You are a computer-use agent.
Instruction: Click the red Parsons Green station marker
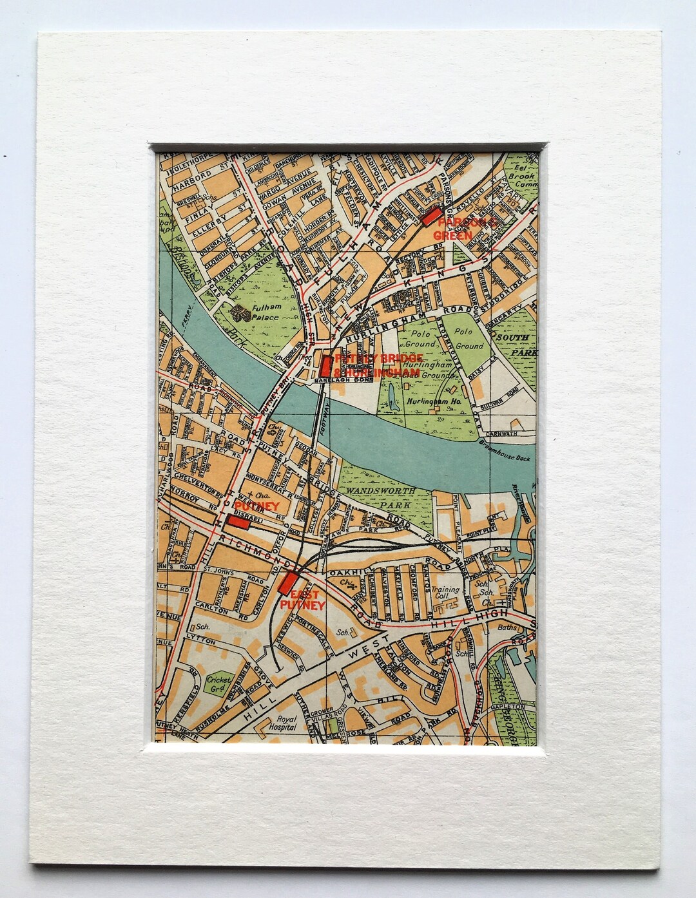click(430, 216)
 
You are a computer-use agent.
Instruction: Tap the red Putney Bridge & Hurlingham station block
click(325, 366)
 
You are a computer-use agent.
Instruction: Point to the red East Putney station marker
click(287, 582)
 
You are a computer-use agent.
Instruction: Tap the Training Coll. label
click(446, 591)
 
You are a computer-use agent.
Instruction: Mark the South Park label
click(517, 345)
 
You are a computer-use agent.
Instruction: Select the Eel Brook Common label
click(521, 175)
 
